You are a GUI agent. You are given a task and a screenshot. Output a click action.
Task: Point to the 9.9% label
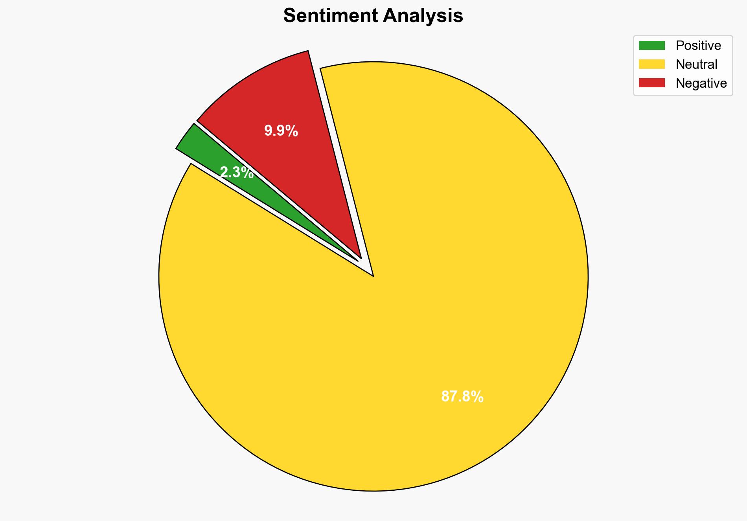(281, 131)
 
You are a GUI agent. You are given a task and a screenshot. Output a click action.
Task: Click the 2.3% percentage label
(237, 173)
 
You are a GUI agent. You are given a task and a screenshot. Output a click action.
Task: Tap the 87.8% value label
(462, 397)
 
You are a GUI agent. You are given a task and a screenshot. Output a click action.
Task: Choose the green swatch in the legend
(651, 46)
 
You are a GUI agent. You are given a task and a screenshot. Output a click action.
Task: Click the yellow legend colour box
(651, 64)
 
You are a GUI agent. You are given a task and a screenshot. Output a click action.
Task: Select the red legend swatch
(651, 83)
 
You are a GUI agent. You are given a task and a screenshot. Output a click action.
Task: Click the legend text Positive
(698, 46)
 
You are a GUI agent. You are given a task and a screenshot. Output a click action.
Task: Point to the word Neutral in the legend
(696, 64)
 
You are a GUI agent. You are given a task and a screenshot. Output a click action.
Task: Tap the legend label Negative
(701, 83)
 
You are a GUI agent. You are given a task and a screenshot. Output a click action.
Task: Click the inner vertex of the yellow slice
(372, 275)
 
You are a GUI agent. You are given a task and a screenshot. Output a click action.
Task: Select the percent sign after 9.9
(292, 131)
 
